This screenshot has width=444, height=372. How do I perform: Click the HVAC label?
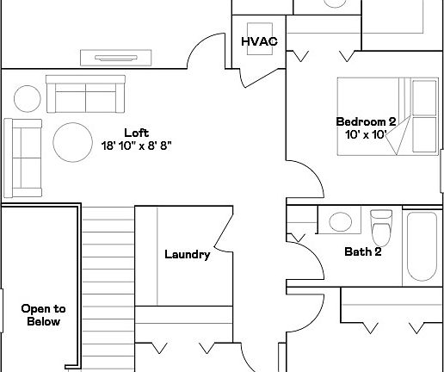pos(260,41)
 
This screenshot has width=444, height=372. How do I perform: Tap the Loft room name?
pos(137,133)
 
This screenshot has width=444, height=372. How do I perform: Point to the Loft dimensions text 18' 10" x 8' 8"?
pos(137,146)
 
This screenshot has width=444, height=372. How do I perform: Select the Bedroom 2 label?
pos(366,121)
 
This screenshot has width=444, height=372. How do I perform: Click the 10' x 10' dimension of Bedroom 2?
pos(366,134)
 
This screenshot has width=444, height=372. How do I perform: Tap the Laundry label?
pos(188,255)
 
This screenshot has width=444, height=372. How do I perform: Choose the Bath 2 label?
pos(363,251)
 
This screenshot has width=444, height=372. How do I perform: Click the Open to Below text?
pos(44,315)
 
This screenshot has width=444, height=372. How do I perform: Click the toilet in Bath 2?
pos(381,228)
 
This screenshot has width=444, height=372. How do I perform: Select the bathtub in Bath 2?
pos(422,246)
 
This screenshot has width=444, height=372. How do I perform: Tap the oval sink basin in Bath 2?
pos(341,221)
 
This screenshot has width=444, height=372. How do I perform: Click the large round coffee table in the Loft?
pos(73,142)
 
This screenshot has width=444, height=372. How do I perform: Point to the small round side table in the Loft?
pos(28,99)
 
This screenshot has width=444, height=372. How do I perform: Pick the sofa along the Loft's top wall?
pos(85,94)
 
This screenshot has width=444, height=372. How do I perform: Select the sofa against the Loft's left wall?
pos(23,158)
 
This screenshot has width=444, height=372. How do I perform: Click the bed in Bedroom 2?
pos(388,116)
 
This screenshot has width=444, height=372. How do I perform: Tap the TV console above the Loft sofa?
pos(116,58)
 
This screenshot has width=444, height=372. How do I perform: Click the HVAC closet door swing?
pos(258,78)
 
